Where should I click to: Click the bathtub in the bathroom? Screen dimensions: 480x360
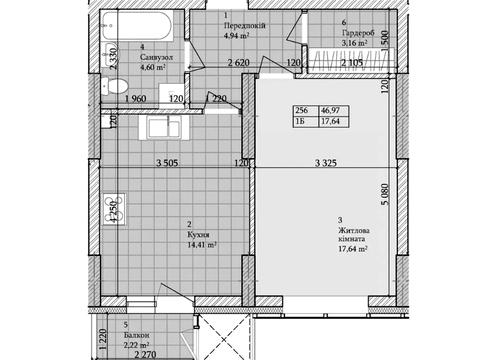[137, 26]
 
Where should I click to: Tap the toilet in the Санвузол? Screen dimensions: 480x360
[114, 86]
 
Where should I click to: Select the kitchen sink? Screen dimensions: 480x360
[164, 128]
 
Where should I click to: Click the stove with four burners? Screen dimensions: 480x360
[114, 210]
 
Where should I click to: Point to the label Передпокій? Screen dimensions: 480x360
[245, 26]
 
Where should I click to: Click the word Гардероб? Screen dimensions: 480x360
[358, 33]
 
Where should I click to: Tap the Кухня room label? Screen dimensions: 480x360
[199, 235]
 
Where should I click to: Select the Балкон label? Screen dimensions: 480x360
[136, 335]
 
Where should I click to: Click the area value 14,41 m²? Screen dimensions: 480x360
[202, 245]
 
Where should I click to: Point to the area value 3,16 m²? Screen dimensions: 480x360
[355, 43]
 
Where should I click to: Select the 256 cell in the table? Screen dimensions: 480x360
[301, 110]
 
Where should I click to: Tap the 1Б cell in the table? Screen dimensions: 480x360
[300, 121]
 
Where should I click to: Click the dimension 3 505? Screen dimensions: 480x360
[167, 163]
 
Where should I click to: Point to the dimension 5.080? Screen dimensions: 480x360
[385, 194]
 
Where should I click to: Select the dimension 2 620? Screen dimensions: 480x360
[239, 62]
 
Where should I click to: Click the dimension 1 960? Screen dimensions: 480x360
[136, 99]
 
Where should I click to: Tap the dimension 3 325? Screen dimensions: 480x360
[326, 163]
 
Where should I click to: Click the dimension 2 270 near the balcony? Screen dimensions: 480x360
[145, 355]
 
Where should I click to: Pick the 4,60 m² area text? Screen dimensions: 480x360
[153, 68]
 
